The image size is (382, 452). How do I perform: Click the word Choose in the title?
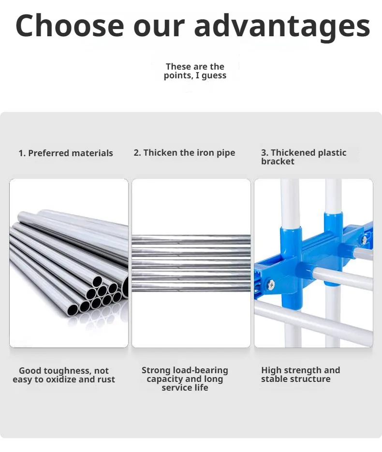point(70,25)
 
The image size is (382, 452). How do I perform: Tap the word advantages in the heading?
point(282,27)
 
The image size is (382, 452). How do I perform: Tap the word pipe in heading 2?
point(226,153)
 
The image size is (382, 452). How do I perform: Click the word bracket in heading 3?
point(278,161)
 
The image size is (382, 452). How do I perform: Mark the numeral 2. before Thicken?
point(137,152)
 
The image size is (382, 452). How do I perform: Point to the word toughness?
point(68,371)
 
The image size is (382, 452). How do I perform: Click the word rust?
point(106,379)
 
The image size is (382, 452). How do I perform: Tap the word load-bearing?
point(201,370)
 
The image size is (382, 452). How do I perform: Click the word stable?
point(272,379)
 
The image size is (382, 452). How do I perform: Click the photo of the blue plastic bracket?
point(313,263)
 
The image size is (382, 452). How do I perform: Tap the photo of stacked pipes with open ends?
point(69,263)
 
